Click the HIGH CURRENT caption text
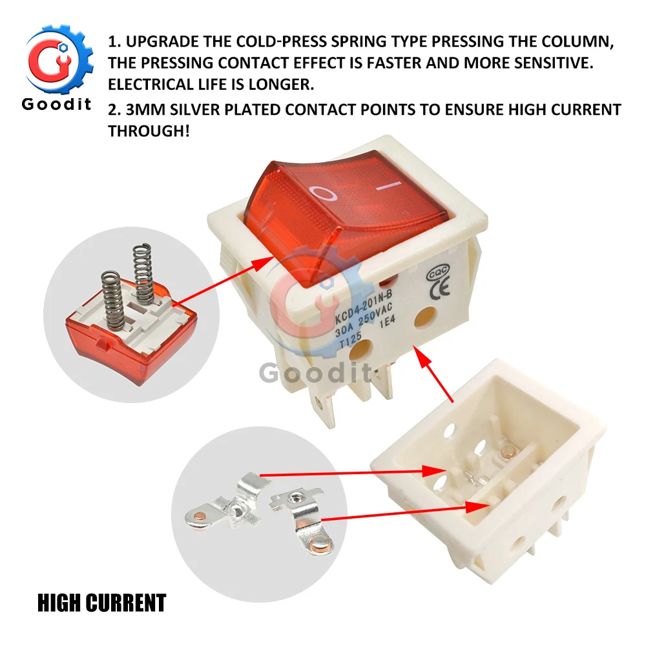point(101,603)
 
